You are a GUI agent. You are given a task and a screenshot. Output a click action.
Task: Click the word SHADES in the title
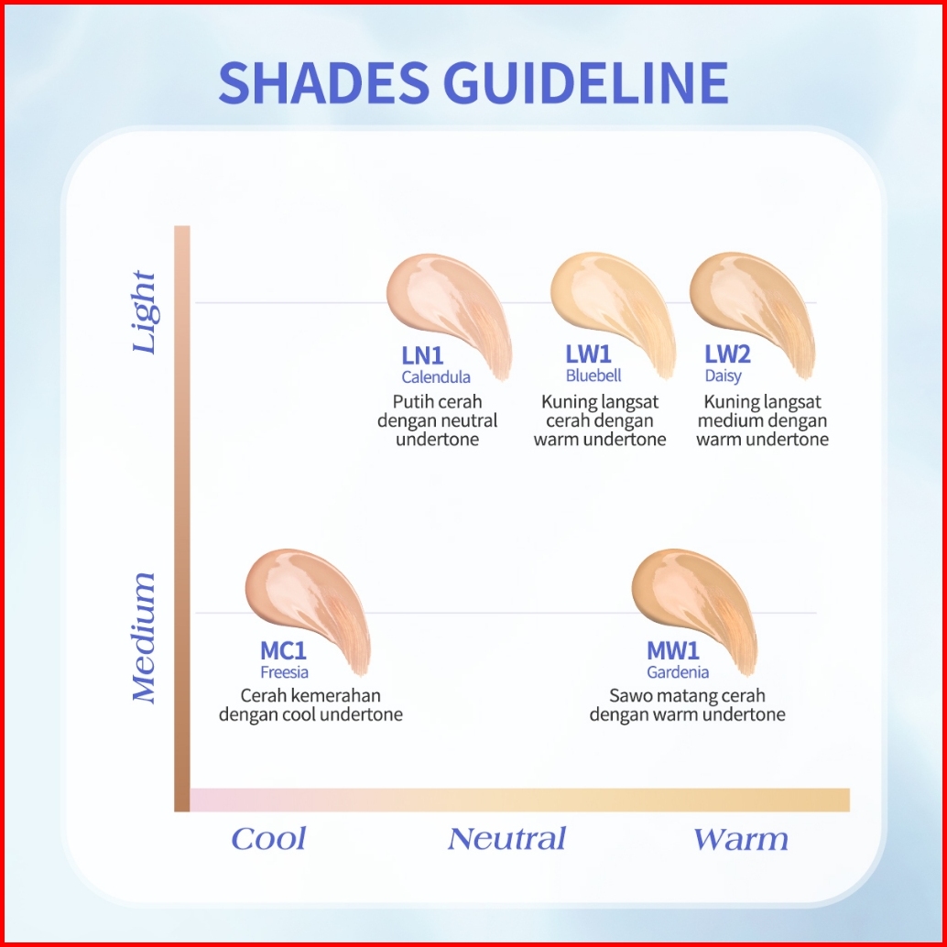point(323,82)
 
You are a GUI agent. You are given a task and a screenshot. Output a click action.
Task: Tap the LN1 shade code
point(422,355)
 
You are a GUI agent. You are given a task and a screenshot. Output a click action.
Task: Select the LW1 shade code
point(588,355)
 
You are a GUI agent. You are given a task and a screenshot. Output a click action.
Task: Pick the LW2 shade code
point(727,355)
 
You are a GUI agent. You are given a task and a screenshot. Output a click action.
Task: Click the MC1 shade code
point(283,651)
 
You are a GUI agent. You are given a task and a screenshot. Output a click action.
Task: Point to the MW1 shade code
point(673,651)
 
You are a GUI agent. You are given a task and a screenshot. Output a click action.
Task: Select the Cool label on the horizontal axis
point(268,839)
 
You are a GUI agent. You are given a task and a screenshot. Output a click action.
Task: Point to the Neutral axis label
point(506,839)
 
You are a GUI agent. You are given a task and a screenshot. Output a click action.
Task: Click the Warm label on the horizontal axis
point(740,839)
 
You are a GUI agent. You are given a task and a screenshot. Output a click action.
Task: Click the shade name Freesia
point(284,673)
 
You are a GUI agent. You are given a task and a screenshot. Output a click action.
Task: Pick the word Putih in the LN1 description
point(413,402)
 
